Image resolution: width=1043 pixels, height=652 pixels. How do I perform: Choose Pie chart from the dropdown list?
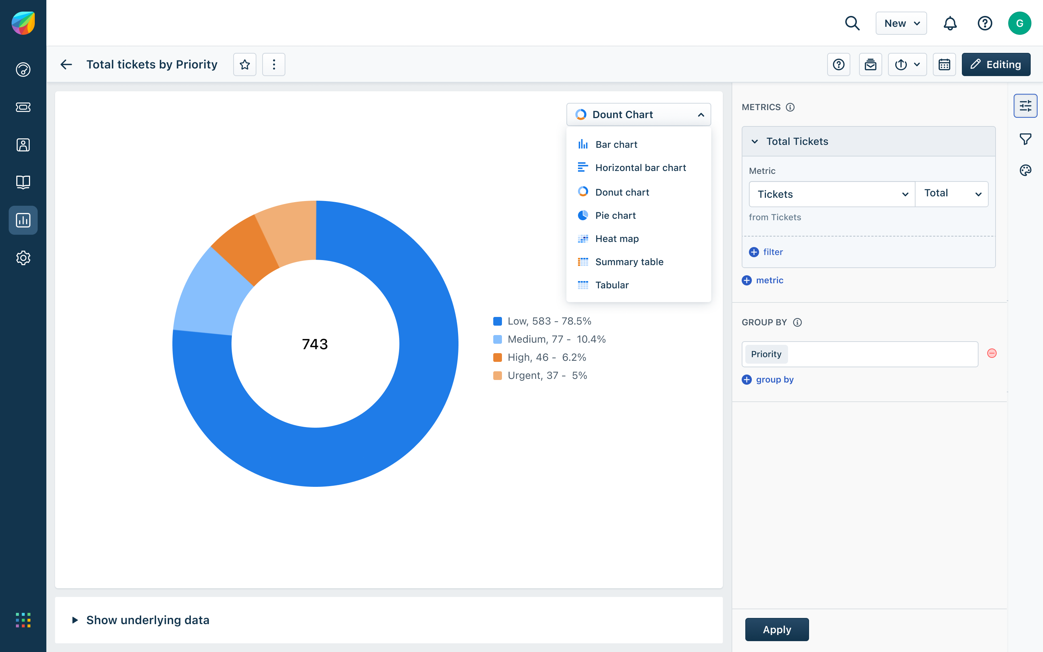click(615, 216)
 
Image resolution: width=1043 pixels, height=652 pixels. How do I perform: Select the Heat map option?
click(616, 239)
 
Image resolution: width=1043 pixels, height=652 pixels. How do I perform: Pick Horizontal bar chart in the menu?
click(640, 168)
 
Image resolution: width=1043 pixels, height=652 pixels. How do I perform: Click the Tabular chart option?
click(612, 285)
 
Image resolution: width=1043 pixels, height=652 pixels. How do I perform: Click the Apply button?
click(777, 630)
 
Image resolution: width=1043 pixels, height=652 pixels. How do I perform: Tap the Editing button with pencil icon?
click(996, 65)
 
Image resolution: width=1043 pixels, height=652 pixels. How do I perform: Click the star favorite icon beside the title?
click(245, 65)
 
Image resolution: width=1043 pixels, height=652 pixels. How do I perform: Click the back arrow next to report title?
click(66, 65)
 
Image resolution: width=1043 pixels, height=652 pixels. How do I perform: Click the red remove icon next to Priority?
click(992, 354)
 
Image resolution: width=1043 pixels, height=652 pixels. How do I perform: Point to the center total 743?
click(315, 344)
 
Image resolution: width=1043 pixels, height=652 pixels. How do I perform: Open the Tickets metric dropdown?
click(832, 194)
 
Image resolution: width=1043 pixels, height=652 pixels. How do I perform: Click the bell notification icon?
click(950, 23)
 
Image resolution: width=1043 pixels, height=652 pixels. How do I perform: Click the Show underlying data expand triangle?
click(75, 620)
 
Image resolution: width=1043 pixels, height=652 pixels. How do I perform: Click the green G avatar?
click(1019, 23)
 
